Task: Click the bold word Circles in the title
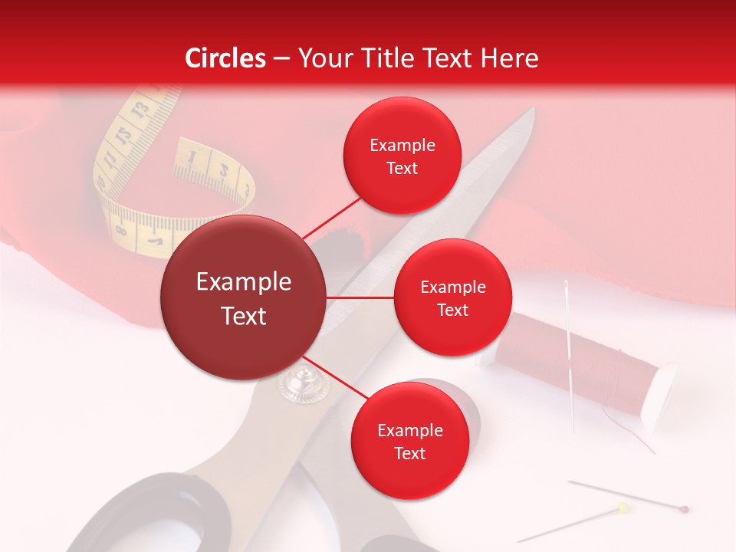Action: pyautogui.click(x=225, y=58)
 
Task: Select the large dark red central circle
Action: pyautogui.click(x=244, y=298)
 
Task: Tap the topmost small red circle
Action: pyautogui.click(x=402, y=156)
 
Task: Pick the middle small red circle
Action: pyautogui.click(x=452, y=298)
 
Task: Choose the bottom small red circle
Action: pyautogui.click(x=409, y=442)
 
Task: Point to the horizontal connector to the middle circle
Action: pyautogui.click(x=360, y=297)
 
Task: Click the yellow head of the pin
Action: pyautogui.click(x=623, y=507)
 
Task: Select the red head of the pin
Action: pyautogui.click(x=685, y=508)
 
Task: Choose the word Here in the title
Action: pyautogui.click(x=510, y=58)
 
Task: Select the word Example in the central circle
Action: pyautogui.click(x=244, y=282)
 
